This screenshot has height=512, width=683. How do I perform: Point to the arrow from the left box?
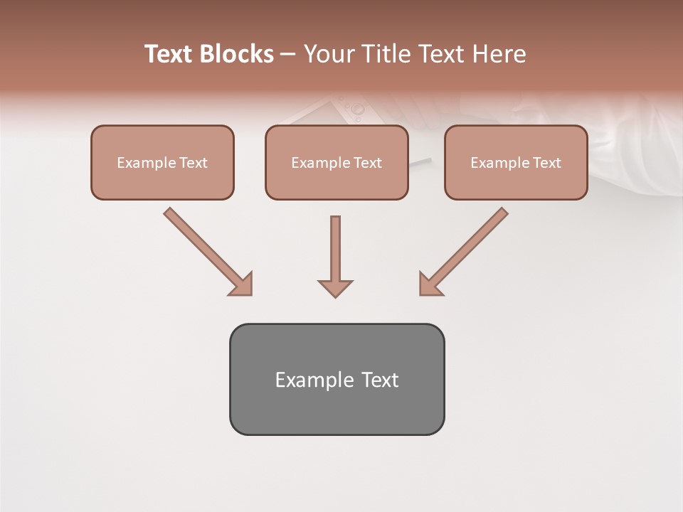[x=206, y=250]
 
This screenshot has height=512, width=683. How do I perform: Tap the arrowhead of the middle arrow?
[x=335, y=288]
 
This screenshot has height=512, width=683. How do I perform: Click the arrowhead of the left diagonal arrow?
[x=242, y=284]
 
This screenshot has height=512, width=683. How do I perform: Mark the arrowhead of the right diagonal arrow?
[x=430, y=284]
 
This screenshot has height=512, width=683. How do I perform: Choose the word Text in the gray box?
[x=380, y=380]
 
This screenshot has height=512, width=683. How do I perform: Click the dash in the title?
[x=288, y=55]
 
